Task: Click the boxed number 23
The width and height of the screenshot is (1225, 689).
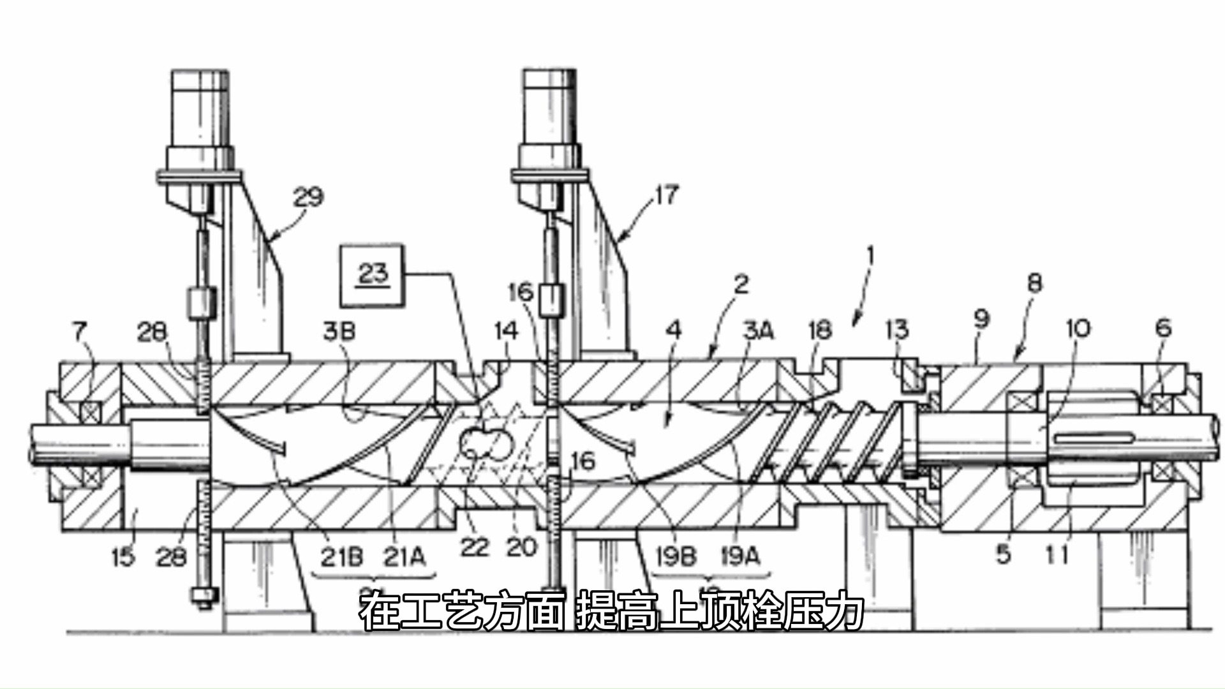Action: pos(373,274)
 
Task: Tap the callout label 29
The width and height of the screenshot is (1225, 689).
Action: pos(308,196)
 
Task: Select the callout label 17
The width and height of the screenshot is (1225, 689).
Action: pos(665,195)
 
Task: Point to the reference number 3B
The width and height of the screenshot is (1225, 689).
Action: pos(339,332)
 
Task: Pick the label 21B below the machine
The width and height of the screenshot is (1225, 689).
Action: pos(341,557)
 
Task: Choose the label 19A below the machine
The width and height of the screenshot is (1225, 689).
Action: pos(741,556)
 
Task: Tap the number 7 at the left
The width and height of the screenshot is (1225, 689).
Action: pos(79,331)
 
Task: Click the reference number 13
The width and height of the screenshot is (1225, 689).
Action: pos(896,330)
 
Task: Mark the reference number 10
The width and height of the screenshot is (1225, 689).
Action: pos(1078,329)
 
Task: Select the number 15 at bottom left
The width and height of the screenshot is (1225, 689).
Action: pos(123,557)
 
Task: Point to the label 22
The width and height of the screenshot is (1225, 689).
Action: pos(474,547)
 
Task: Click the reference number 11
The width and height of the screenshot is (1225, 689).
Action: pos(1057,555)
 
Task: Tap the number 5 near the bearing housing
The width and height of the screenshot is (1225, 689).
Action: pos(1004,554)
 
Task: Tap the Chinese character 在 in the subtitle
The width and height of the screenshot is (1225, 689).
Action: pos(381,612)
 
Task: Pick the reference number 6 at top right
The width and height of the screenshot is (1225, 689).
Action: pos(1164,328)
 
